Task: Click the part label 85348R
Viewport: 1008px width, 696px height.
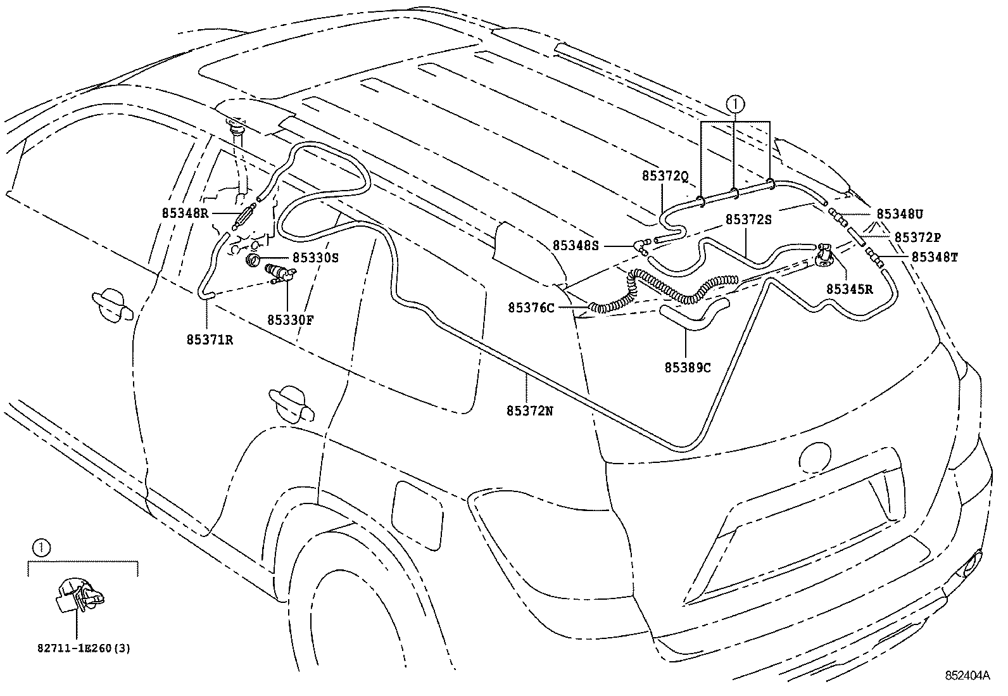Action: [185, 214]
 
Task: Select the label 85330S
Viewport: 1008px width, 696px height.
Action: [315, 258]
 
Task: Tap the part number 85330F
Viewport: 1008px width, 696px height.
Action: [291, 320]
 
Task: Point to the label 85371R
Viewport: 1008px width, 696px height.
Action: [210, 339]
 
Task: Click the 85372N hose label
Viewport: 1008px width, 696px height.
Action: [529, 410]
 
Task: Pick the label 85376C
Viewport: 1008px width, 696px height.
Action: [531, 308]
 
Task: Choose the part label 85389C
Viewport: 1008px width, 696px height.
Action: [687, 367]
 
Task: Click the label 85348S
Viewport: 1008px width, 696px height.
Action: [575, 245]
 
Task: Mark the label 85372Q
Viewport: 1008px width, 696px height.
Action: [664, 177]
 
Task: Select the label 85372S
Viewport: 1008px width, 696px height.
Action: [748, 219]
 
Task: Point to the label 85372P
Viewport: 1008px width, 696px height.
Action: [917, 237]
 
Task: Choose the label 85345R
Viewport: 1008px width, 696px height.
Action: [850, 289]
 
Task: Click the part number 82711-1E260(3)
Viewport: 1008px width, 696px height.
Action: [83, 648]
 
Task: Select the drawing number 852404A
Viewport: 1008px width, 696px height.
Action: [968, 676]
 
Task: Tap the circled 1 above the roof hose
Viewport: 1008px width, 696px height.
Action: [734, 103]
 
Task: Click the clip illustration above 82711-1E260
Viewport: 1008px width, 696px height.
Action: [80, 595]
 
